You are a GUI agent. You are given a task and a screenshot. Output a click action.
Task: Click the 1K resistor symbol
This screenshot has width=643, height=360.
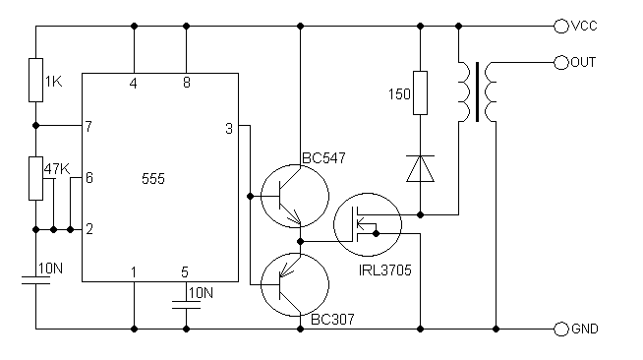point(35,80)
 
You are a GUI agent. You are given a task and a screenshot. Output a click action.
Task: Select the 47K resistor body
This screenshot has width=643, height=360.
point(35,178)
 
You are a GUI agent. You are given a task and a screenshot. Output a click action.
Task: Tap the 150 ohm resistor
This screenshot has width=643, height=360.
point(420,92)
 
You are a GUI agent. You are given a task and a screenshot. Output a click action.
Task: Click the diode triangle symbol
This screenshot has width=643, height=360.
point(420,168)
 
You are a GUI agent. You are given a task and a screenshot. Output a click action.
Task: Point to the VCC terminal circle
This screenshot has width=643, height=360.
point(560,27)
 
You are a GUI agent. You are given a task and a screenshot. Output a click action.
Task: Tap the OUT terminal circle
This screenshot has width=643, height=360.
point(560,63)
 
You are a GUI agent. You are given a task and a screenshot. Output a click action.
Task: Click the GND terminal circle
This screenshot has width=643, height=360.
point(560,329)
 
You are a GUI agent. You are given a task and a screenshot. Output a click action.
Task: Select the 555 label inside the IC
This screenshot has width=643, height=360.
point(153,179)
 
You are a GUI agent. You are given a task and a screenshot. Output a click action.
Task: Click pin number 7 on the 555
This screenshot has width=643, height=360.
point(88,126)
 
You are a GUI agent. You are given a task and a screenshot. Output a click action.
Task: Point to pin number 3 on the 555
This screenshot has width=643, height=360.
point(229,129)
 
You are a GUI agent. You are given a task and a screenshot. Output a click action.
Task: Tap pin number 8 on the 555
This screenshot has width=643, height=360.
point(187,83)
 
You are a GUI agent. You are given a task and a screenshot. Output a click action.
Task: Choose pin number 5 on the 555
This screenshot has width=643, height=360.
point(185,272)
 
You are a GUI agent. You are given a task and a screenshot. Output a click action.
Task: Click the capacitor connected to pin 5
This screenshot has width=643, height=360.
point(186,305)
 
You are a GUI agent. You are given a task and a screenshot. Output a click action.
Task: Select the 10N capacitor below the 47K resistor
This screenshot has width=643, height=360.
point(35,280)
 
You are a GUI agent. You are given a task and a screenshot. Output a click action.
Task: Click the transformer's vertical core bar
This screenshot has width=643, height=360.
point(477,91)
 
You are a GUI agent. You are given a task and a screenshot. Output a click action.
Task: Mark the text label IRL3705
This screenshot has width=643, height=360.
point(384,270)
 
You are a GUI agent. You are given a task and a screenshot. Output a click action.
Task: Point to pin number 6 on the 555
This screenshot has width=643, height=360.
point(89,177)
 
